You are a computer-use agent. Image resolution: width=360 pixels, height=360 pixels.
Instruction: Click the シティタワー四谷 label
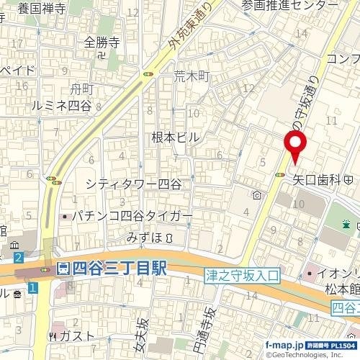pyautogui.click(x=133, y=184)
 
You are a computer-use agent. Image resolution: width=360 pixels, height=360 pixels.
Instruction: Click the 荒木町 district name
pyautogui.click(x=191, y=75)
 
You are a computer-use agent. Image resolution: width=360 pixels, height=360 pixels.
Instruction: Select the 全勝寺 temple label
pyautogui.click(x=100, y=41)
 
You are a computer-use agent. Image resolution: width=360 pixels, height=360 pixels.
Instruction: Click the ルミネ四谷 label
pyautogui.click(x=61, y=105)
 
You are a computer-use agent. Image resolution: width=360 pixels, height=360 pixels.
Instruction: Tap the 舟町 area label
pyautogui.click(x=82, y=89)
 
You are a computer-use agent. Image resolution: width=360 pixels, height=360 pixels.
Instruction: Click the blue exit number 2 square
pyautogui.click(x=18, y=256)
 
